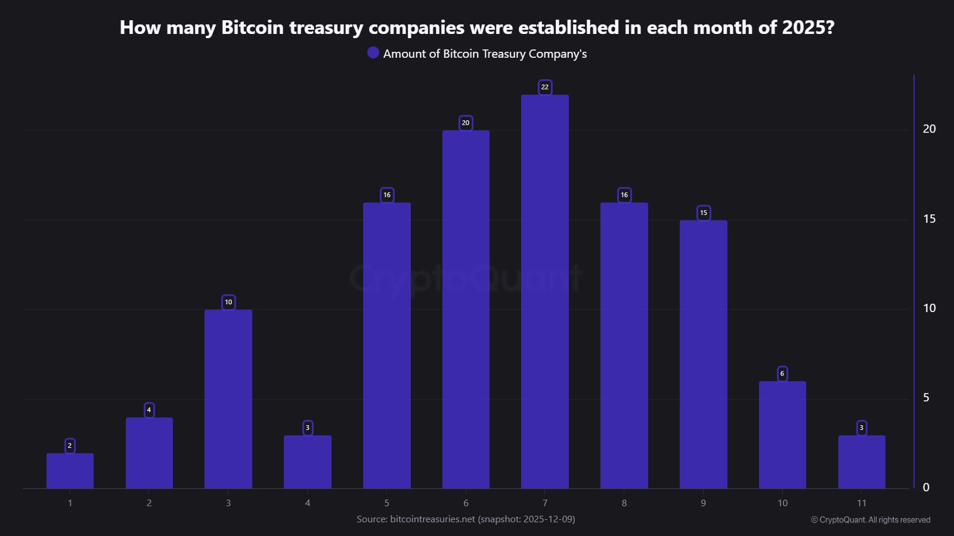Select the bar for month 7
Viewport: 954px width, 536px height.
coord(544,292)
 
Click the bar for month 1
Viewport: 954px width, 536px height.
coord(70,471)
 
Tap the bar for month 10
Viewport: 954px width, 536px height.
coord(782,435)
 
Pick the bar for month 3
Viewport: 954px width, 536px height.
coord(228,399)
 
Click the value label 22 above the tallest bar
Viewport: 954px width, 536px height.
coord(544,87)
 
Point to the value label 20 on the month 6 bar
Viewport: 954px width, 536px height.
coord(466,123)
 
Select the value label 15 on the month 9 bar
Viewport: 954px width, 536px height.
coord(704,213)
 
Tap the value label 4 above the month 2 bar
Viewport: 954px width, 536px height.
coord(149,410)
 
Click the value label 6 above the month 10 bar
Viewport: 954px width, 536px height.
coord(782,373)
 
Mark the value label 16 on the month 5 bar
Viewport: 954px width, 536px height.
coord(387,195)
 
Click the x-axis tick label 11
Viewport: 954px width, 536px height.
coord(862,503)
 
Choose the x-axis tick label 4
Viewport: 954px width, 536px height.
coord(308,503)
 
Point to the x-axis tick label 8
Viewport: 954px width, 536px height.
coord(624,503)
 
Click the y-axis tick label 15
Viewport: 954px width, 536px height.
coord(929,219)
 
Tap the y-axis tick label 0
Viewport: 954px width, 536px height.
coord(926,488)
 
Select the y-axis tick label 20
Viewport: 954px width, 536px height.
coord(929,129)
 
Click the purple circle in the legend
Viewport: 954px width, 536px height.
coord(373,53)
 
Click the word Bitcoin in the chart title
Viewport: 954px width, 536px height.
coord(252,27)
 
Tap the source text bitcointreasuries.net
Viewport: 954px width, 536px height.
coord(432,519)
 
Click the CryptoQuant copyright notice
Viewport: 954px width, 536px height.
coord(871,520)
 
